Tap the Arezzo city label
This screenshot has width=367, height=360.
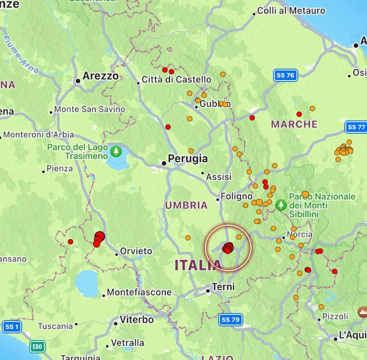coord(101,76)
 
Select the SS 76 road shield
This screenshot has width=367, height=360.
coord(285,75)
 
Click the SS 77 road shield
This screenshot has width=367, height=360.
coord(356,127)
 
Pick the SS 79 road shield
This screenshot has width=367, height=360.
coord(230,319)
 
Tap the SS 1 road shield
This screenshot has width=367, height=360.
coord(11,327)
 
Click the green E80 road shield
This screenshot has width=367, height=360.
coord(37,347)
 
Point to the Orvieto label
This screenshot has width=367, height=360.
coord(136,252)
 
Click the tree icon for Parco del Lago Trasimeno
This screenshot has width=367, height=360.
coord(116,151)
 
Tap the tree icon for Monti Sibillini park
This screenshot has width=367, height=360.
coord(281,205)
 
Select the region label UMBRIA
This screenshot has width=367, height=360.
coord(186,205)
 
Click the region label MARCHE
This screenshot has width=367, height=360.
coord(294,124)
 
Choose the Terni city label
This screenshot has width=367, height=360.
coord(223,287)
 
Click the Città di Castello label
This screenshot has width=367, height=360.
coord(176,80)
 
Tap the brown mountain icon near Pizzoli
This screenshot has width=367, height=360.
coord(363,312)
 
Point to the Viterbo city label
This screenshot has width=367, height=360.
coord(137,320)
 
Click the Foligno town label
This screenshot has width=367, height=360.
coord(237,196)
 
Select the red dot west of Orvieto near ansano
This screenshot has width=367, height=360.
coord(70,242)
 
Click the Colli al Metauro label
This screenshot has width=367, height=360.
coord(291,11)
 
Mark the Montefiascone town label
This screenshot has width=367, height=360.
coord(139,292)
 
